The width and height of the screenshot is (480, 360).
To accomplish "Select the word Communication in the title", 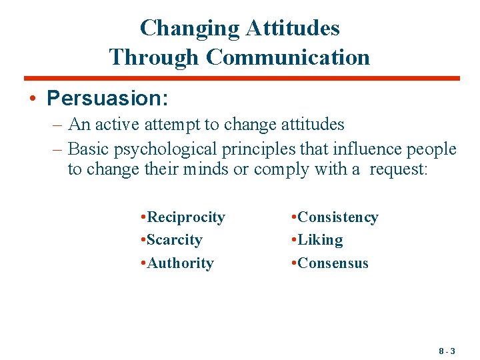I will (288, 57).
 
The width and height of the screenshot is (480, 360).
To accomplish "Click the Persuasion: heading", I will (107, 99).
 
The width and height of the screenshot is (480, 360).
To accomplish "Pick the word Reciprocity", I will (186, 217).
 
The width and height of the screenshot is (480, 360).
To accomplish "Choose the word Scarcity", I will (175, 240).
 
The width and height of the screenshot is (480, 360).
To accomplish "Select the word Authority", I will (180, 263).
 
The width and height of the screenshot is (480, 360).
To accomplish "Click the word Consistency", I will (338, 217).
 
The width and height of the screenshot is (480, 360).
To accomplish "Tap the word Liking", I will (320, 240).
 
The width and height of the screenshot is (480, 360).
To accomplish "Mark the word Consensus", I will (333, 263).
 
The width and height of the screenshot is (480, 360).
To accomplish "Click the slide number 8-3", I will (447, 350).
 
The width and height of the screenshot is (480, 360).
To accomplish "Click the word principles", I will (253, 148).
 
